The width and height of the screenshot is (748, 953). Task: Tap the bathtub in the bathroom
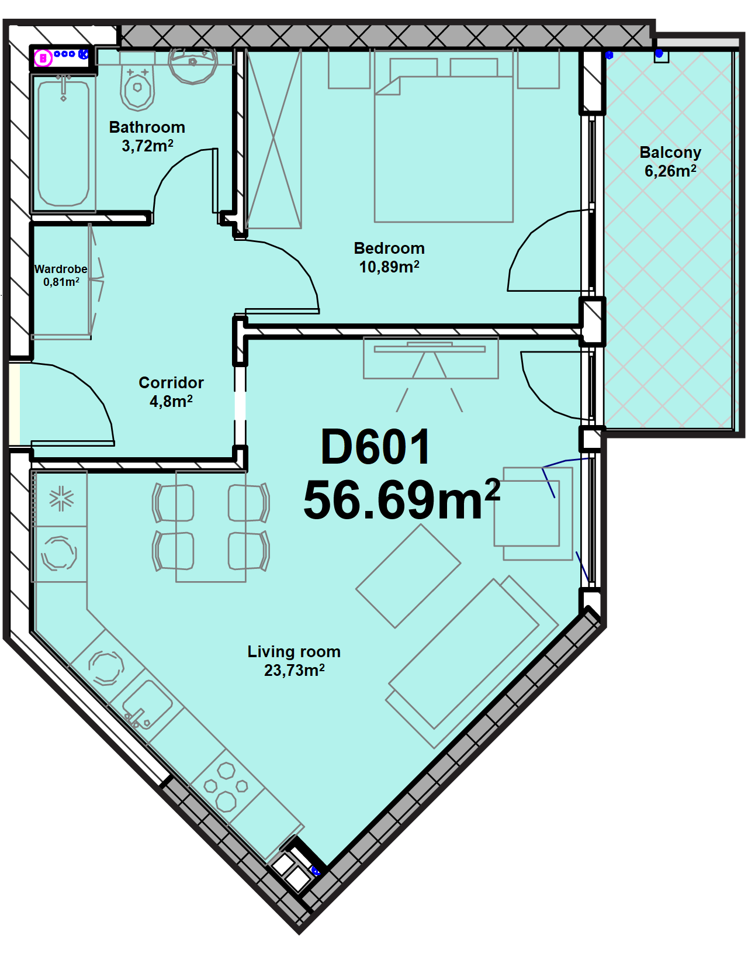click(x=63, y=143)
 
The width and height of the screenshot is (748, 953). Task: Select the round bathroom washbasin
click(x=193, y=65)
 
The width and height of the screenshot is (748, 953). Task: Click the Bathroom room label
click(x=147, y=127)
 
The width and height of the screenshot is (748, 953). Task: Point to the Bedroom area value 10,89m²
click(x=389, y=267)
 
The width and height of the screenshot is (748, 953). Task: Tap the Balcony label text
click(x=670, y=152)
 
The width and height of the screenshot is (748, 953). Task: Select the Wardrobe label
click(x=61, y=269)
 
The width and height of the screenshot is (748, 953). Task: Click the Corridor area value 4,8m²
click(x=171, y=401)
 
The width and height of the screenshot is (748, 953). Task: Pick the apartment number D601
click(x=375, y=447)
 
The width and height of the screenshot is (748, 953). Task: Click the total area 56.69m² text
click(x=401, y=499)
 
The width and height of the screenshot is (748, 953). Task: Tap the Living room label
click(x=294, y=651)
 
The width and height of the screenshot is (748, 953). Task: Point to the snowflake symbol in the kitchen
click(x=61, y=499)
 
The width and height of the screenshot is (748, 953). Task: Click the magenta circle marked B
click(x=43, y=58)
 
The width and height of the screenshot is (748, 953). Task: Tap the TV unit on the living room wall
click(x=431, y=357)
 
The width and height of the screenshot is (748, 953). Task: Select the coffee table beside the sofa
click(x=408, y=576)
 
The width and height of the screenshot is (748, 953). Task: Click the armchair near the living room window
click(x=534, y=513)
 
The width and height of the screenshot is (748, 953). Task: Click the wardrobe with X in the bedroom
click(x=274, y=139)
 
